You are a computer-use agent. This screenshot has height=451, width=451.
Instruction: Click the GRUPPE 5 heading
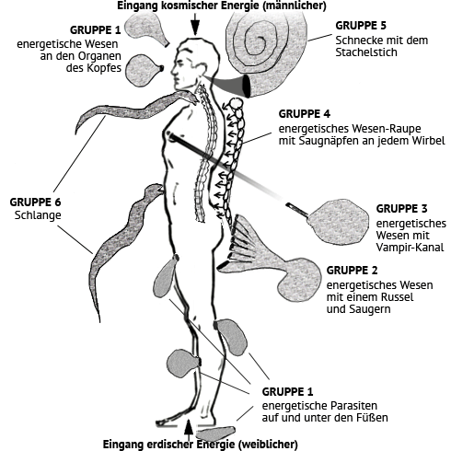[x=361, y=26]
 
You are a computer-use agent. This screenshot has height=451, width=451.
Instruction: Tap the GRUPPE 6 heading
[x=35, y=202]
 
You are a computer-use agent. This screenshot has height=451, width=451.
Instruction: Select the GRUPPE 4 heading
[x=305, y=114]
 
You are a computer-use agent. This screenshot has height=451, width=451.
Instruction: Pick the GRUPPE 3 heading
[x=401, y=209]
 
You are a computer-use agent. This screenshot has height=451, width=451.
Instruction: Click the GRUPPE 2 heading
[x=352, y=271]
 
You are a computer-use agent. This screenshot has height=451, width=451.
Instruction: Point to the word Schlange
[x=38, y=215]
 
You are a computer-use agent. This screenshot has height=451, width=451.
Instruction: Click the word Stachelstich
[x=366, y=52]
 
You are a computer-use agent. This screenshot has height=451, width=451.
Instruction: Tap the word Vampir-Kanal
[x=410, y=248]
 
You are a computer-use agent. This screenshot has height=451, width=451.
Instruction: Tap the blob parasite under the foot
[x=215, y=434]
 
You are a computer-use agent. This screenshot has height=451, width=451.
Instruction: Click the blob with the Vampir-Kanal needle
[x=338, y=222]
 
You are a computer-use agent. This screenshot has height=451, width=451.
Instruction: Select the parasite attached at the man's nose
[x=144, y=70]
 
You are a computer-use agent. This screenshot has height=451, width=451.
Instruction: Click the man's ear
[x=202, y=69]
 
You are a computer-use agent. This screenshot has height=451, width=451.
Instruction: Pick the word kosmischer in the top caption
[x=180, y=6]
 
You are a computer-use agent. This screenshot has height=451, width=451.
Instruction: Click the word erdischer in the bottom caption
[x=170, y=445]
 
